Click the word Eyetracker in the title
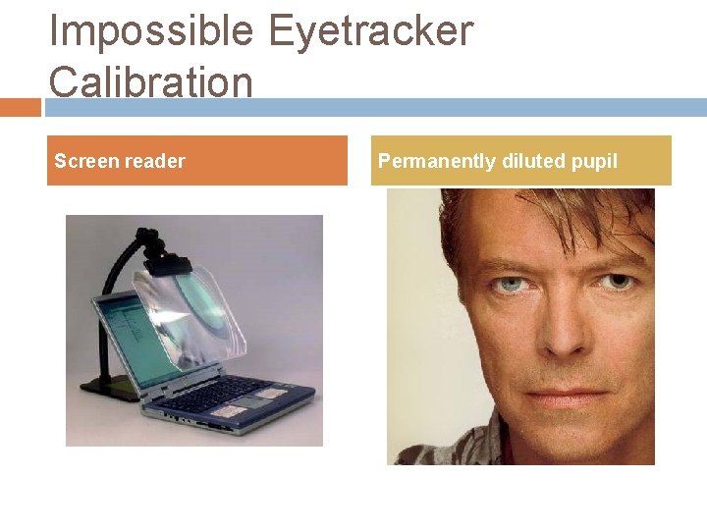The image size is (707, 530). click(370, 32)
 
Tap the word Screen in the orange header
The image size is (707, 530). click(85, 161)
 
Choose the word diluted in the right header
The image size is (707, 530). click(533, 161)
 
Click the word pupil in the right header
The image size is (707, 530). click(594, 161)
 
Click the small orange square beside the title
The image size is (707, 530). click(20, 106)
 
